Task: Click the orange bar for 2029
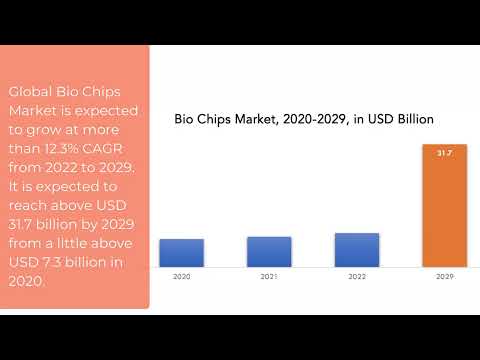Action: click(445, 210)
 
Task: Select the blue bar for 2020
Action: click(181, 253)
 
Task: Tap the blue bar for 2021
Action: click(269, 252)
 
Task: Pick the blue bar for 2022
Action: click(357, 250)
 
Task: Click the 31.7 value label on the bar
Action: click(445, 154)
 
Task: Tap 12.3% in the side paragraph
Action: click(62, 147)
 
